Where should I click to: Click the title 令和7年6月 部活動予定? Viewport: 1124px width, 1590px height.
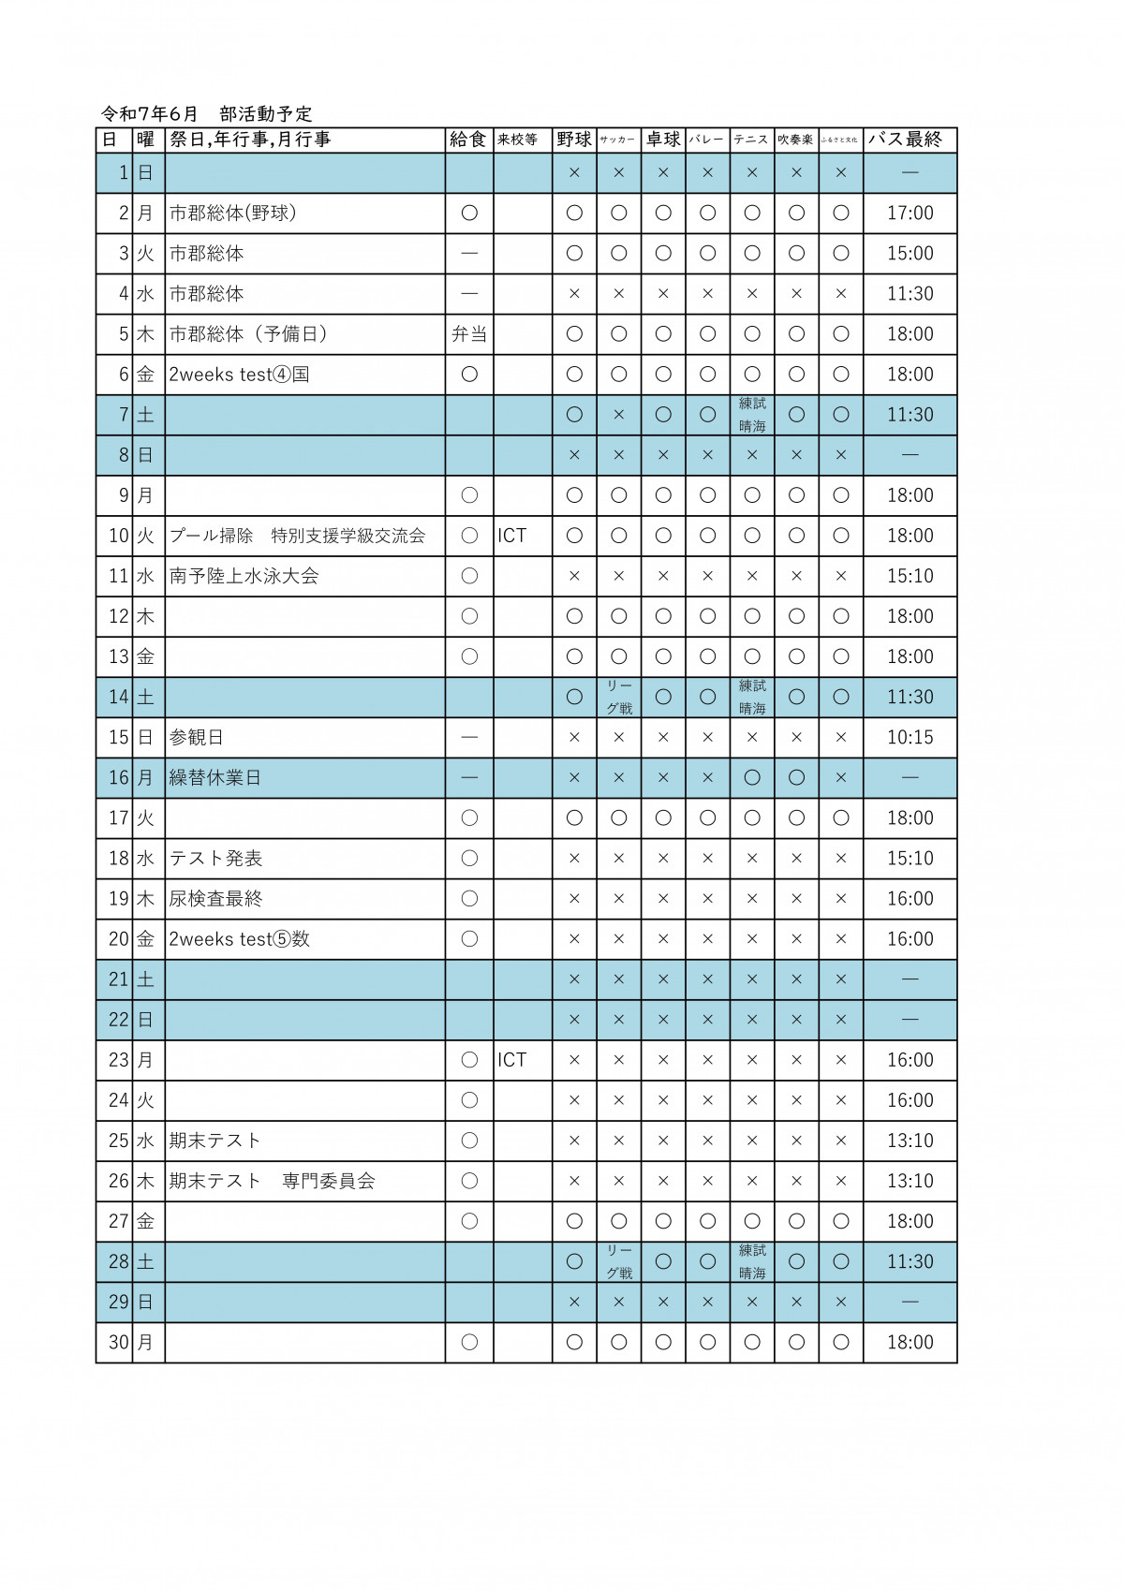[207, 114]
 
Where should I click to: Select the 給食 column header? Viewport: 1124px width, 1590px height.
[468, 140]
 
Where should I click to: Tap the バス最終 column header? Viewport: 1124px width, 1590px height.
[905, 140]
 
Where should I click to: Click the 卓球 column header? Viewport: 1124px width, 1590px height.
[663, 140]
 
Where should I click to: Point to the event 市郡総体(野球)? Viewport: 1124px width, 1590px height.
[232, 213]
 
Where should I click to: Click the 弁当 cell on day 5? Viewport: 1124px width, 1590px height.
[469, 334]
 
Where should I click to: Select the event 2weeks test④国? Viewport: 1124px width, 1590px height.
[239, 375]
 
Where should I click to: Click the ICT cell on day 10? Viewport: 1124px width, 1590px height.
[512, 536]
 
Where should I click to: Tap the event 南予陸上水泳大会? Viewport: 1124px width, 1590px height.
[244, 576]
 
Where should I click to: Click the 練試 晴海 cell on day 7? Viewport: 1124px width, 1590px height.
[752, 415]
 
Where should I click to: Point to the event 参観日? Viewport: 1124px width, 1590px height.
[197, 738]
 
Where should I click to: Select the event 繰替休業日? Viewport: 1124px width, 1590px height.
[214, 778]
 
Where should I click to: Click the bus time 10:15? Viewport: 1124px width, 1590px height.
[910, 738]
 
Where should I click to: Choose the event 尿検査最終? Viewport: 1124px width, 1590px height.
[215, 899]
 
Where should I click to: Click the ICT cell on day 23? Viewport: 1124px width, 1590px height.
[512, 1060]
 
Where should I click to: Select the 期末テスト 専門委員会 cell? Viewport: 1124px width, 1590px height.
[272, 1181]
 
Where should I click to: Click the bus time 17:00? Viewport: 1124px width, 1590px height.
[910, 213]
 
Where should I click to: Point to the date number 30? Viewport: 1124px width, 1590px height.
[118, 1343]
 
